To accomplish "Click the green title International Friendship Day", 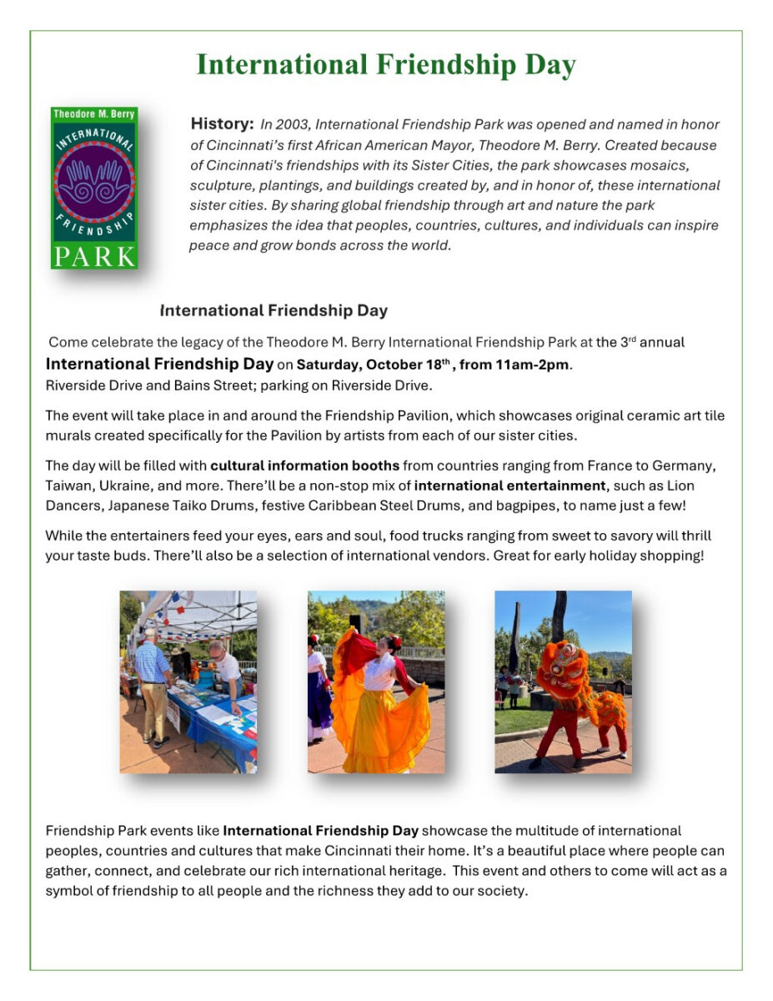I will tap(386, 65).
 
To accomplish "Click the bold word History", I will tap(222, 124).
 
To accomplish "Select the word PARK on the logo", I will tap(93, 254).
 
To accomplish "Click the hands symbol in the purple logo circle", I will tap(94, 182).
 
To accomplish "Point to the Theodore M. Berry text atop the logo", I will tap(93, 113).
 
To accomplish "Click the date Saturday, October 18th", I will tap(374, 365).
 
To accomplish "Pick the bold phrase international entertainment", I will tap(509, 485).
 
